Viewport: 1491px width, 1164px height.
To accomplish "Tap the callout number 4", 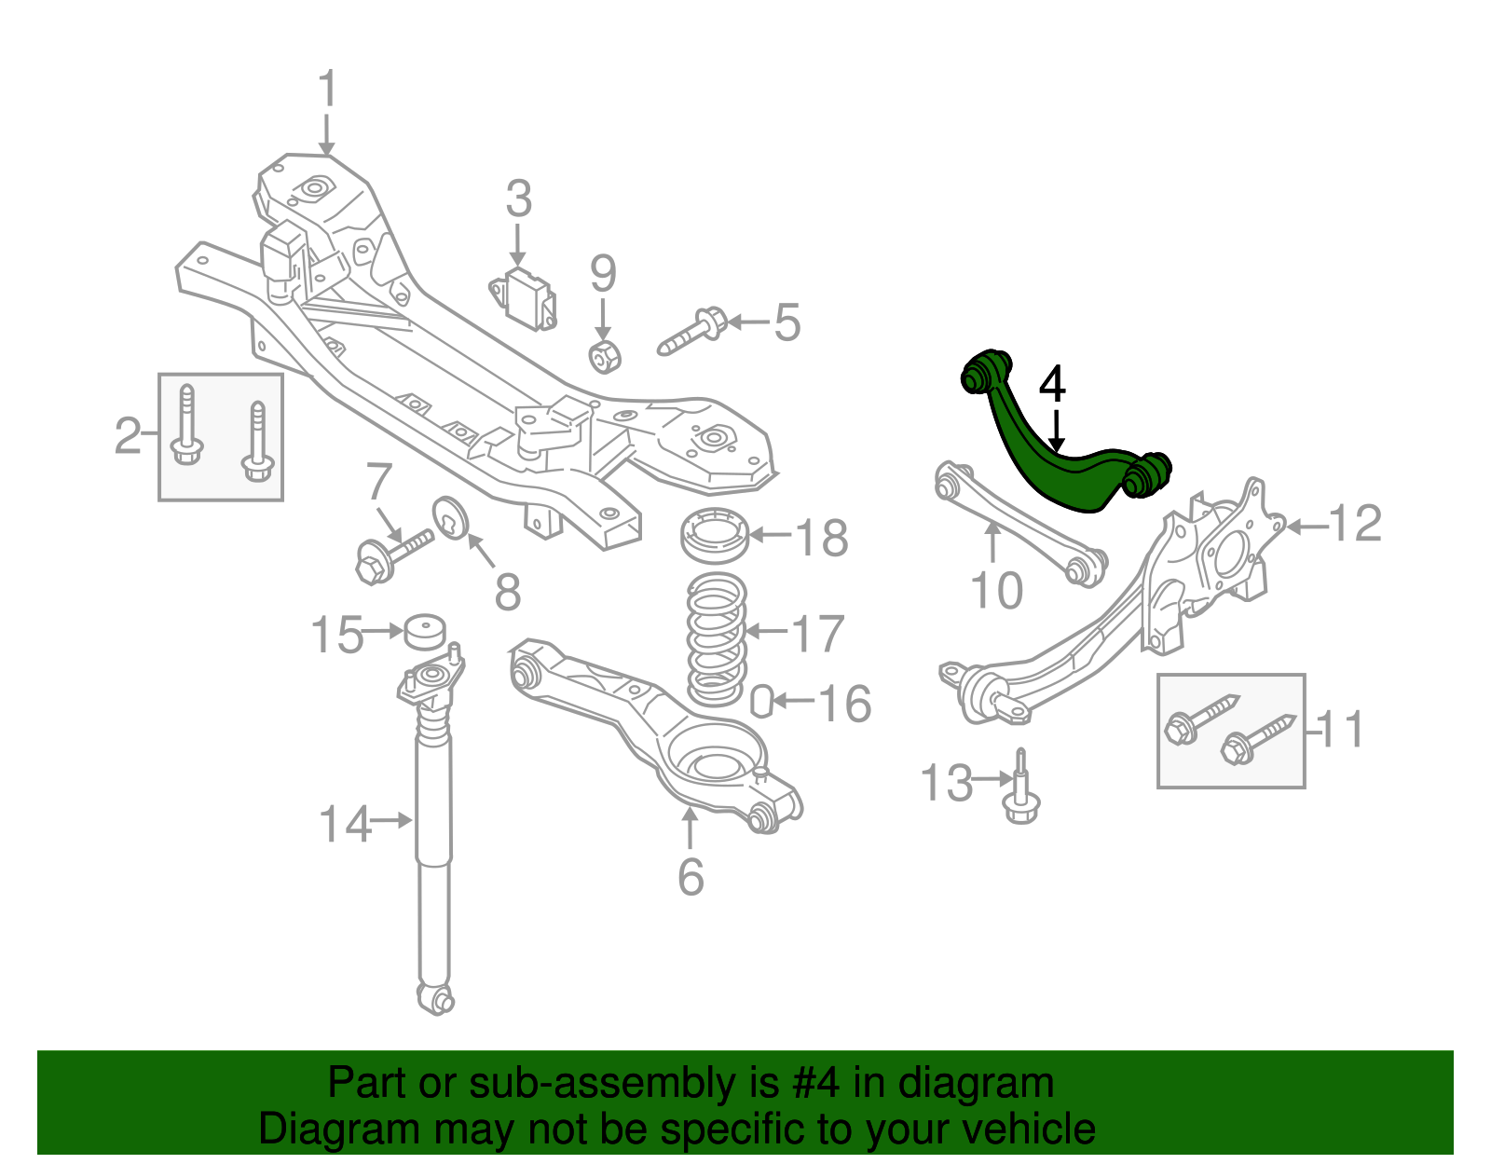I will click(1052, 384).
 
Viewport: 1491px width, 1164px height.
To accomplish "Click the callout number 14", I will click(344, 824).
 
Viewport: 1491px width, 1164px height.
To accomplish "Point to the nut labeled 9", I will click(607, 356).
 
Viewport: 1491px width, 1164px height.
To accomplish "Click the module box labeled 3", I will click(527, 298).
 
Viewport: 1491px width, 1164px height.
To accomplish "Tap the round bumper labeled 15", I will click(425, 633).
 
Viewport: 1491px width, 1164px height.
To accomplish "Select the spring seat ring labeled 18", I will click(715, 536).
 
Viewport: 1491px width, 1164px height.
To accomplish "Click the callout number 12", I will click(1355, 524).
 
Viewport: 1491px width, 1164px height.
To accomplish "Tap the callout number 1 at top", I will click(326, 90).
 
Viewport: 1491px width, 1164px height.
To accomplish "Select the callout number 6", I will click(691, 876).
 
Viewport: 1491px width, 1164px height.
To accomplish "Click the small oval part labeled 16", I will click(761, 702).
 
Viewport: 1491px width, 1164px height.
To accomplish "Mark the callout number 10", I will click(996, 590).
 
